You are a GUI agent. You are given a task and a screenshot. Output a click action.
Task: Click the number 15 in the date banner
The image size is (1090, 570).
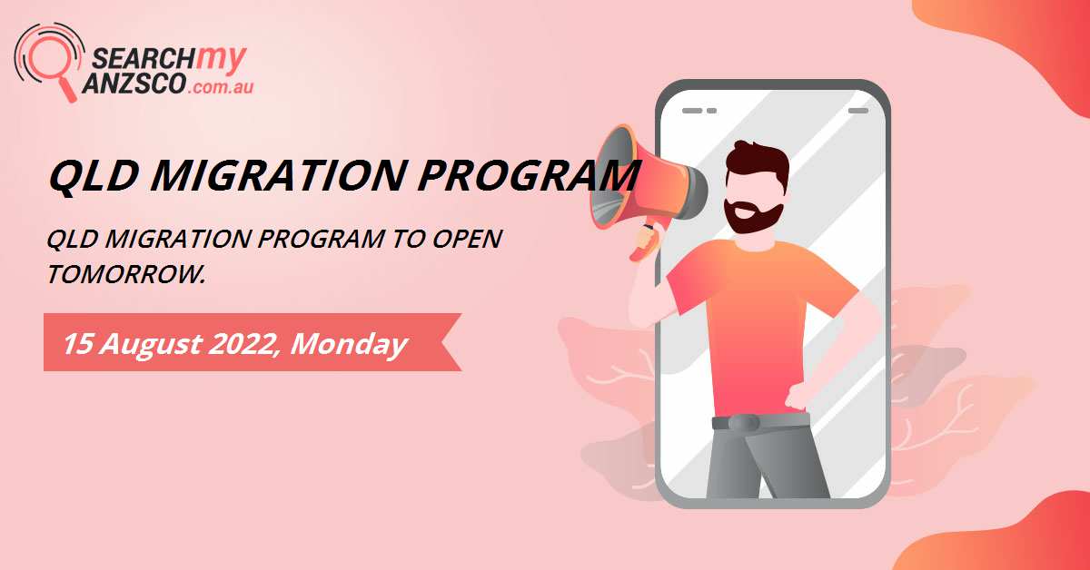[x=79, y=344]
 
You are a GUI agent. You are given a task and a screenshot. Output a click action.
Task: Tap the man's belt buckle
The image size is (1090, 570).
[x=744, y=422]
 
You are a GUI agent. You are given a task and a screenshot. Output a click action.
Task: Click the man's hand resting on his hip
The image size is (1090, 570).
[x=798, y=396]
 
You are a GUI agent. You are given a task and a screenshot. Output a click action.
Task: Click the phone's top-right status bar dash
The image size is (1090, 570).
[x=857, y=110]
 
